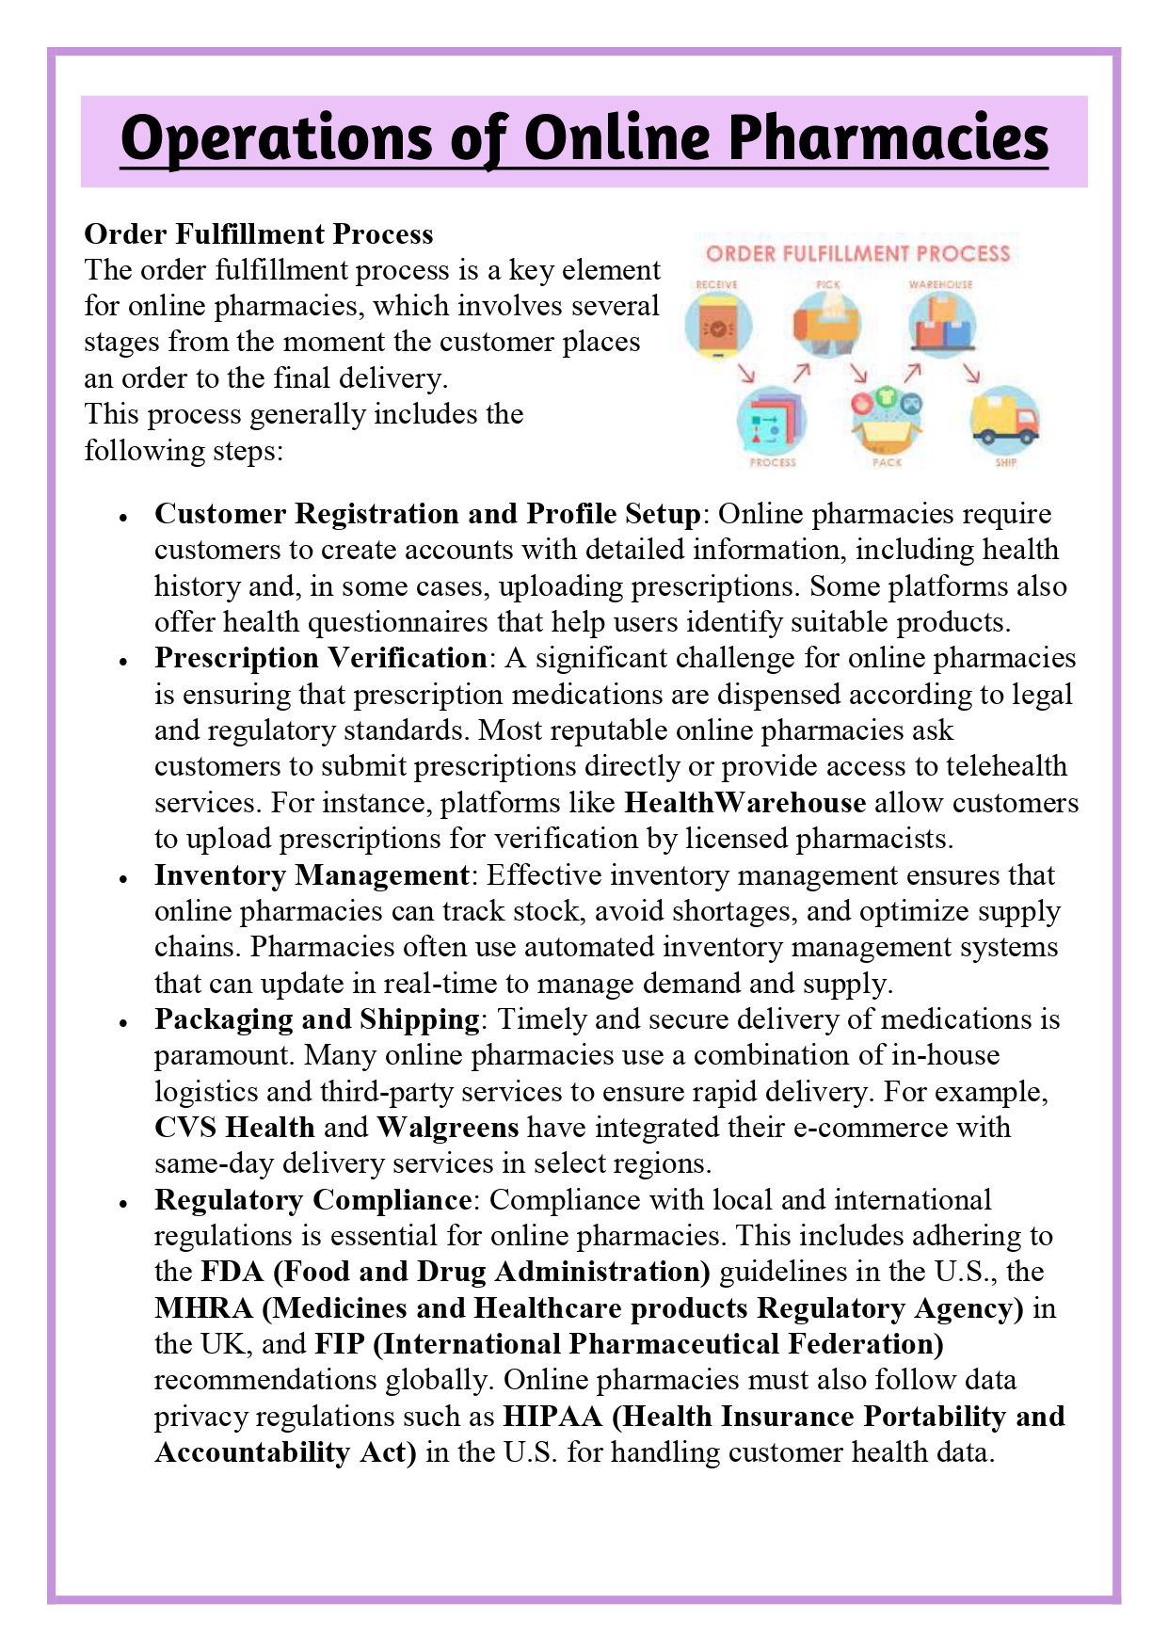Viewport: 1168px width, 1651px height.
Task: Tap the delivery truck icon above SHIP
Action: coord(1004,420)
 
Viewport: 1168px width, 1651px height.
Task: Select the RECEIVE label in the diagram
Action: coord(716,284)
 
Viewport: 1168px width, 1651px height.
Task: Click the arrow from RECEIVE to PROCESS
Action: coord(747,374)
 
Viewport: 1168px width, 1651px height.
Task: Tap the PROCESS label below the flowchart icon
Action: coord(773,462)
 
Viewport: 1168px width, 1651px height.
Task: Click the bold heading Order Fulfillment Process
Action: coord(259,233)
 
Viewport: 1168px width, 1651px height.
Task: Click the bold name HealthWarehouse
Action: coord(744,803)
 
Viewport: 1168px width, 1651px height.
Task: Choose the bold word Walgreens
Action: coord(448,1128)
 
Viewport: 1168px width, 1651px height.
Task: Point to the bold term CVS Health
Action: coord(234,1128)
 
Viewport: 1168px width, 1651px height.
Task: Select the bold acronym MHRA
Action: coord(203,1308)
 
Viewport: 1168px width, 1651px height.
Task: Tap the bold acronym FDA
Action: coord(232,1273)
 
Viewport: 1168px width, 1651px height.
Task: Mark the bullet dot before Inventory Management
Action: coord(122,877)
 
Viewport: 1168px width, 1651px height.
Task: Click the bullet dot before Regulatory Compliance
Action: coord(122,1202)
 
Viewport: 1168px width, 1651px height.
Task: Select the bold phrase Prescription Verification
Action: coord(320,658)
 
